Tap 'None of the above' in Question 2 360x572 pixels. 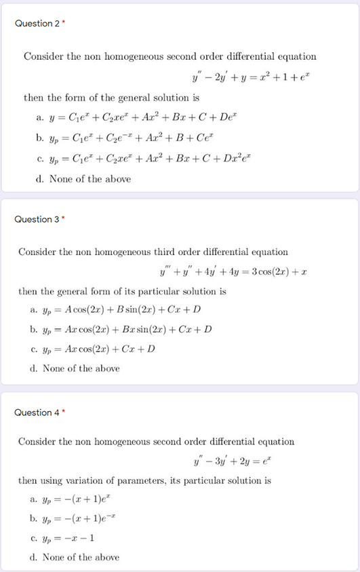[83, 179]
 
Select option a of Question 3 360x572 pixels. [115, 310]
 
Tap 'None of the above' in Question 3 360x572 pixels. [75, 368]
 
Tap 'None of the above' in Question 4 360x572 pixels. [75, 557]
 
